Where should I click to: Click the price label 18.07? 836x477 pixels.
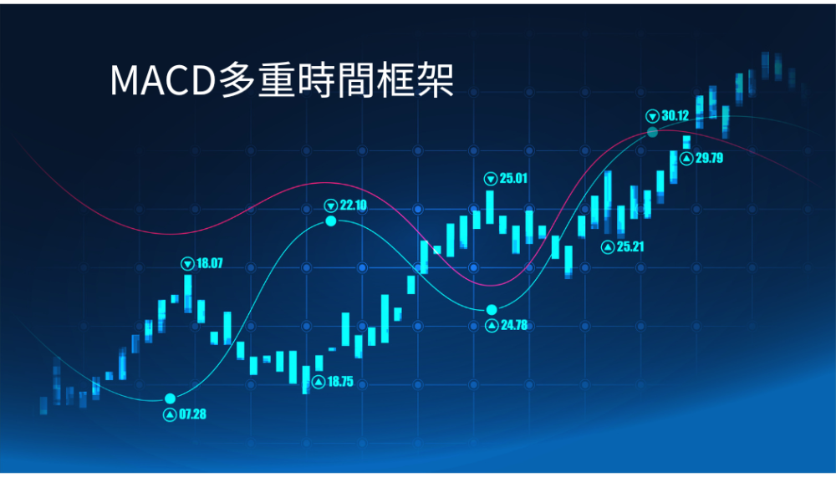pos(210,263)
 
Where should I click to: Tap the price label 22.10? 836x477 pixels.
pos(354,206)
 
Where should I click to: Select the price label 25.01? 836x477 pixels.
pos(513,179)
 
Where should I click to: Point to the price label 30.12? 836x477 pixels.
pos(675,115)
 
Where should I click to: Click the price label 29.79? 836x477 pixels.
pos(709,158)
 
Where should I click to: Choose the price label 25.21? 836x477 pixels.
pos(630,246)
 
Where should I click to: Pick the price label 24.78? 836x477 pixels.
pos(514,325)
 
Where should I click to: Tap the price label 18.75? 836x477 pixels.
pos(340,382)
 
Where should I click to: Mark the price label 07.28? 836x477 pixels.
pos(192,414)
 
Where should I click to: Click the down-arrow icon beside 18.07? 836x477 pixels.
pos(187,263)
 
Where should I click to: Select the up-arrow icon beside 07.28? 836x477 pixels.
pos(170,414)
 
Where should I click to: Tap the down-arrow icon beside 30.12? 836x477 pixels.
pos(653,116)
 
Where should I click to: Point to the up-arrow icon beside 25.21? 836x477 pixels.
pos(608,247)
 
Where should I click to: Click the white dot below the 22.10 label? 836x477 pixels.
pos(331,221)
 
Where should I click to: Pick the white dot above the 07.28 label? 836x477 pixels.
pos(170,398)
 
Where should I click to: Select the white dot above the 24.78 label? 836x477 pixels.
pos(492,310)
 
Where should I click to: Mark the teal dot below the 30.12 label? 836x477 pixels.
pos(653,132)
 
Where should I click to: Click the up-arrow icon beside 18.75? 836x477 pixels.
pos(319,382)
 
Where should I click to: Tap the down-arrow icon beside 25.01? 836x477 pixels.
pos(491,179)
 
